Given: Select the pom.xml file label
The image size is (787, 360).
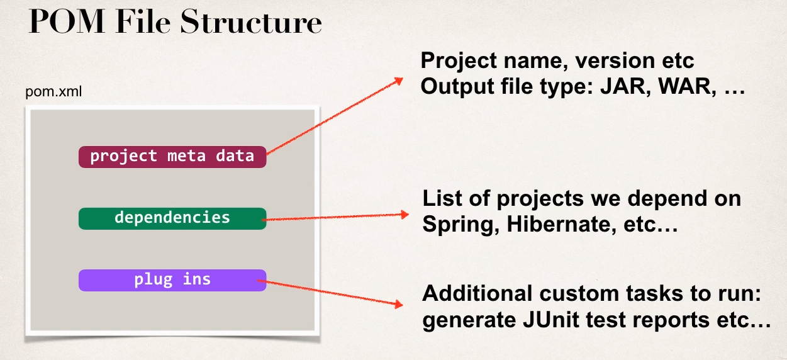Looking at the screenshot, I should [53, 93].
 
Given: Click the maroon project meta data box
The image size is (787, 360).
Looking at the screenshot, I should [172, 156].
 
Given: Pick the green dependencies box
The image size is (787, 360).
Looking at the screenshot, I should [172, 218].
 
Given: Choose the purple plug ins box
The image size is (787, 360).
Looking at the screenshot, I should [172, 280].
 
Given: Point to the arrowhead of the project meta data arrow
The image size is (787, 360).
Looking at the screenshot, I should [398, 81].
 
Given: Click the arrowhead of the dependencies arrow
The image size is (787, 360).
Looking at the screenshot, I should [405, 215].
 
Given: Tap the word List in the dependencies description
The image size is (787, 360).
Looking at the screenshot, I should [438, 199].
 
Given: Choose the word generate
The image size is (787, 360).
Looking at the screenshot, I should [466, 321].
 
